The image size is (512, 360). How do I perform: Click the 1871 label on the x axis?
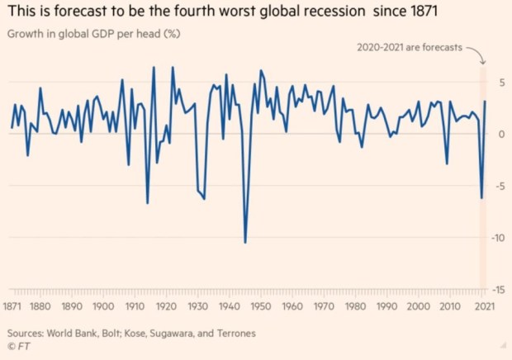point(12,306)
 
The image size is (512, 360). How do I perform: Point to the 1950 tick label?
point(260,306)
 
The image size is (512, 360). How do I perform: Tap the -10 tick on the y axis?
point(497,238)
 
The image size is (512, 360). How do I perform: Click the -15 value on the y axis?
point(497,290)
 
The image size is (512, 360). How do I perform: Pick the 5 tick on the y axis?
point(500,83)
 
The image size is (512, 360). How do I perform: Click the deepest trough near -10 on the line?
point(244,242)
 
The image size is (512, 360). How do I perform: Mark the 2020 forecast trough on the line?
point(481,198)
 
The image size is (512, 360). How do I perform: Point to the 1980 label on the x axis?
point(354,306)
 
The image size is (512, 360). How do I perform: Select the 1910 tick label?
point(135,306)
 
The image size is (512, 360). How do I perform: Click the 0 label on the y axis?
point(500,134)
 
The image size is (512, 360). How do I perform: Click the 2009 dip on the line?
point(447,163)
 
